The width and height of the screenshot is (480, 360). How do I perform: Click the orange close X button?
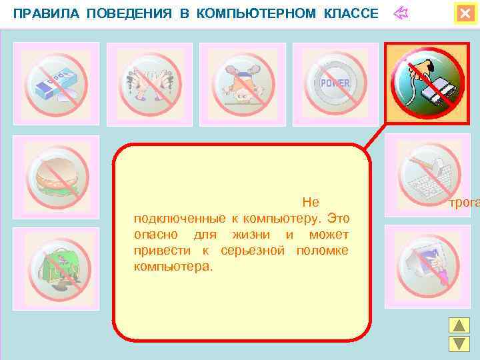pos(464,13)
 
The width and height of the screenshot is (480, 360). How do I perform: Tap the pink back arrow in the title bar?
pos(402,13)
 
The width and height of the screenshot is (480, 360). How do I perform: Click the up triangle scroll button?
pos(459,326)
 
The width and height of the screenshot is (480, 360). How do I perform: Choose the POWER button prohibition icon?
pos(335,83)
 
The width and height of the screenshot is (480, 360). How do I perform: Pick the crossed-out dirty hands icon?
pos(150,83)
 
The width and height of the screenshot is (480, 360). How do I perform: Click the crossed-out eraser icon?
pos(57,83)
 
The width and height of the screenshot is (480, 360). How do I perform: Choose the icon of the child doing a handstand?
pos(243,83)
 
